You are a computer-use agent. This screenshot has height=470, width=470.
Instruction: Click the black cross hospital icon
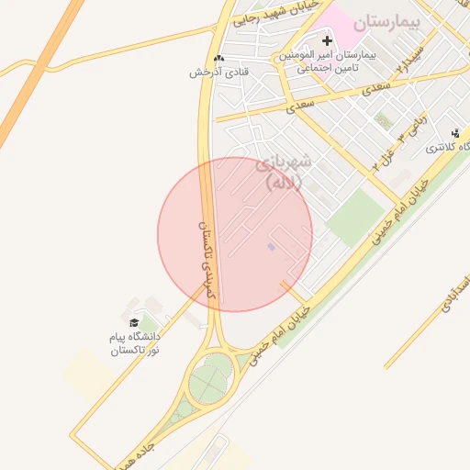pyautogui.click(x=327, y=41)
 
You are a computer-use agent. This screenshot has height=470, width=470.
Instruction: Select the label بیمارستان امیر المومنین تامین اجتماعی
pyautogui.click(x=328, y=62)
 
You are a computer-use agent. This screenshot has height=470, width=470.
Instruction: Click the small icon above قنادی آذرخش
pyautogui.click(x=218, y=58)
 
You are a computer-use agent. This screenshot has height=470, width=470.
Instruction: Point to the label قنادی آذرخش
pyautogui.click(x=208, y=72)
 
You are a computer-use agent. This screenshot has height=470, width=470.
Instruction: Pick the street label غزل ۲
pyautogui.click(x=383, y=157)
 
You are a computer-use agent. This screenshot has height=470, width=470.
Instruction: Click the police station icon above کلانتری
pyautogui.click(x=455, y=134)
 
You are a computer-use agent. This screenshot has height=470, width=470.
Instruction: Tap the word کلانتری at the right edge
pyautogui.click(x=450, y=148)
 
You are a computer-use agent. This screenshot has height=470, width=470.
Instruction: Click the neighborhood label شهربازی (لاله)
pyautogui.click(x=286, y=172)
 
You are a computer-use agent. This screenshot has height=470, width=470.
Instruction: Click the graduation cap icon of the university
pyautogui.click(x=134, y=322)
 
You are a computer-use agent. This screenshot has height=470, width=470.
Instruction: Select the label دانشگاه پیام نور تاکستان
pyautogui.click(x=134, y=343)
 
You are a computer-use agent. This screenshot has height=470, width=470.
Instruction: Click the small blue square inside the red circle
pyautogui.click(x=271, y=247)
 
